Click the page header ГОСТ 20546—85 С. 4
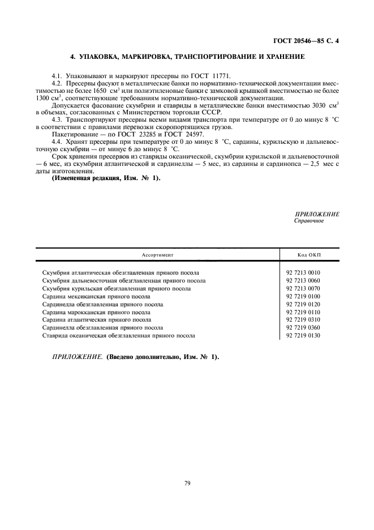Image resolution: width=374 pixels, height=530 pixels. [x=307, y=41]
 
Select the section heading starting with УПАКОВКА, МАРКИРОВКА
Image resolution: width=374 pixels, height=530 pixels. [x=187, y=57]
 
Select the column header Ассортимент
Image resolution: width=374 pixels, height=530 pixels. [x=157, y=255]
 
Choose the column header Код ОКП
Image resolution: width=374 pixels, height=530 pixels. [x=308, y=255]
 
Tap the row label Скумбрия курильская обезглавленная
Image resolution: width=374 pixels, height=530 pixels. [x=117, y=288]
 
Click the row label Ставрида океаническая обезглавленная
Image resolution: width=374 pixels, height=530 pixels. [x=119, y=336]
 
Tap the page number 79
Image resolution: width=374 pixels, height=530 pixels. [x=187, y=483]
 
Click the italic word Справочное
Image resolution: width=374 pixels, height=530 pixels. [x=309, y=221]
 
